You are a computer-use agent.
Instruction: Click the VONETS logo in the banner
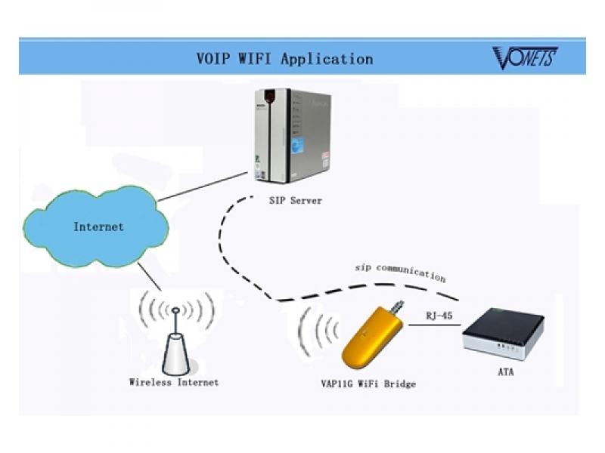tap(525, 58)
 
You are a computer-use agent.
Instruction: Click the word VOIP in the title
tap(213, 59)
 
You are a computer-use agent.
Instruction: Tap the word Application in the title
tap(327, 60)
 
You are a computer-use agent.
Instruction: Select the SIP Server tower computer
tap(293, 136)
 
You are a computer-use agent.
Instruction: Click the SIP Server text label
tap(295, 200)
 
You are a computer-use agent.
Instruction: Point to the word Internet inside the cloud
tap(99, 226)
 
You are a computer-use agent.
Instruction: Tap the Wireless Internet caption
tap(174, 383)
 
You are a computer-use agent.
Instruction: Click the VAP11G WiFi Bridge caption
tap(368, 384)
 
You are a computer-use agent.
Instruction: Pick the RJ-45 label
tap(439, 316)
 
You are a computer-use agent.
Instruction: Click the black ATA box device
tap(504, 333)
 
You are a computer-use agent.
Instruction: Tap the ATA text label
tap(506, 372)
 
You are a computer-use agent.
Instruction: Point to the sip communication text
tap(401, 272)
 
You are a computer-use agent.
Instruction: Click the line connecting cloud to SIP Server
tap(203, 186)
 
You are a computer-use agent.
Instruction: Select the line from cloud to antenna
tap(149, 276)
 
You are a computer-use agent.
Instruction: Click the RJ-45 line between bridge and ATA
tap(434, 325)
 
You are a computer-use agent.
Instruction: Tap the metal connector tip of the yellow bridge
tap(398, 307)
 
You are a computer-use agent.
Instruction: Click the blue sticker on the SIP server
tap(297, 146)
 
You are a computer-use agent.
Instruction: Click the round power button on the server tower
tap(270, 96)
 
